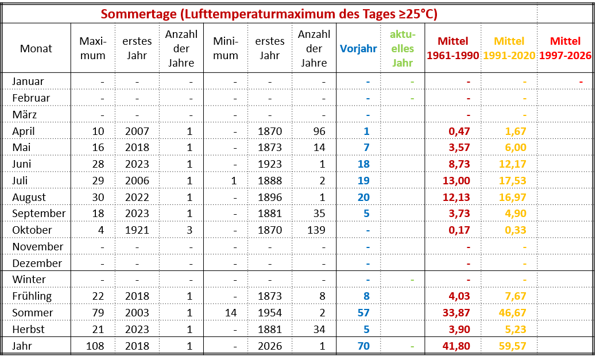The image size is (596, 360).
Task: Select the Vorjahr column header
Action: [x=358, y=49]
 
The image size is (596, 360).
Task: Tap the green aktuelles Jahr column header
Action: [x=403, y=49]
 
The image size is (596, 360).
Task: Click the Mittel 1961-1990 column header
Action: [x=453, y=49]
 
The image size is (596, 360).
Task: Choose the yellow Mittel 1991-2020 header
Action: [x=509, y=49]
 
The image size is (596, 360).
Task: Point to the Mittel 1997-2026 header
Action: [x=566, y=49]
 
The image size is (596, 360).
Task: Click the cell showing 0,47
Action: [x=459, y=131]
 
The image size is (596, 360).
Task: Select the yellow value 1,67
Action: [x=516, y=131]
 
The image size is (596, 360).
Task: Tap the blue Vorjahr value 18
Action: [x=363, y=164]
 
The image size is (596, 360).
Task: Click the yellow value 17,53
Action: [x=513, y=181]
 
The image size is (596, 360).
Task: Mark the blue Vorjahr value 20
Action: [x=363, y=198]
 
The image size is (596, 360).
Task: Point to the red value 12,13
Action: [x=456, y=198]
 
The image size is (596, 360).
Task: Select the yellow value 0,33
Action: [x=516, y=230]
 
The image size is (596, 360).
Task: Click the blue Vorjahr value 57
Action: [x=363, y=313]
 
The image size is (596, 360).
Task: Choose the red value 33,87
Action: [x=456, y=313]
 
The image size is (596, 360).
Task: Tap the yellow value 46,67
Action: [x=513, y=313]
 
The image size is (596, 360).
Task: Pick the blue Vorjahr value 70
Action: [x=363, y=346]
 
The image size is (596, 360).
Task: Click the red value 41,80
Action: [x=456, y=346]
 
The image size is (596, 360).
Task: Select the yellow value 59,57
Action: [x=513, y=346]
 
